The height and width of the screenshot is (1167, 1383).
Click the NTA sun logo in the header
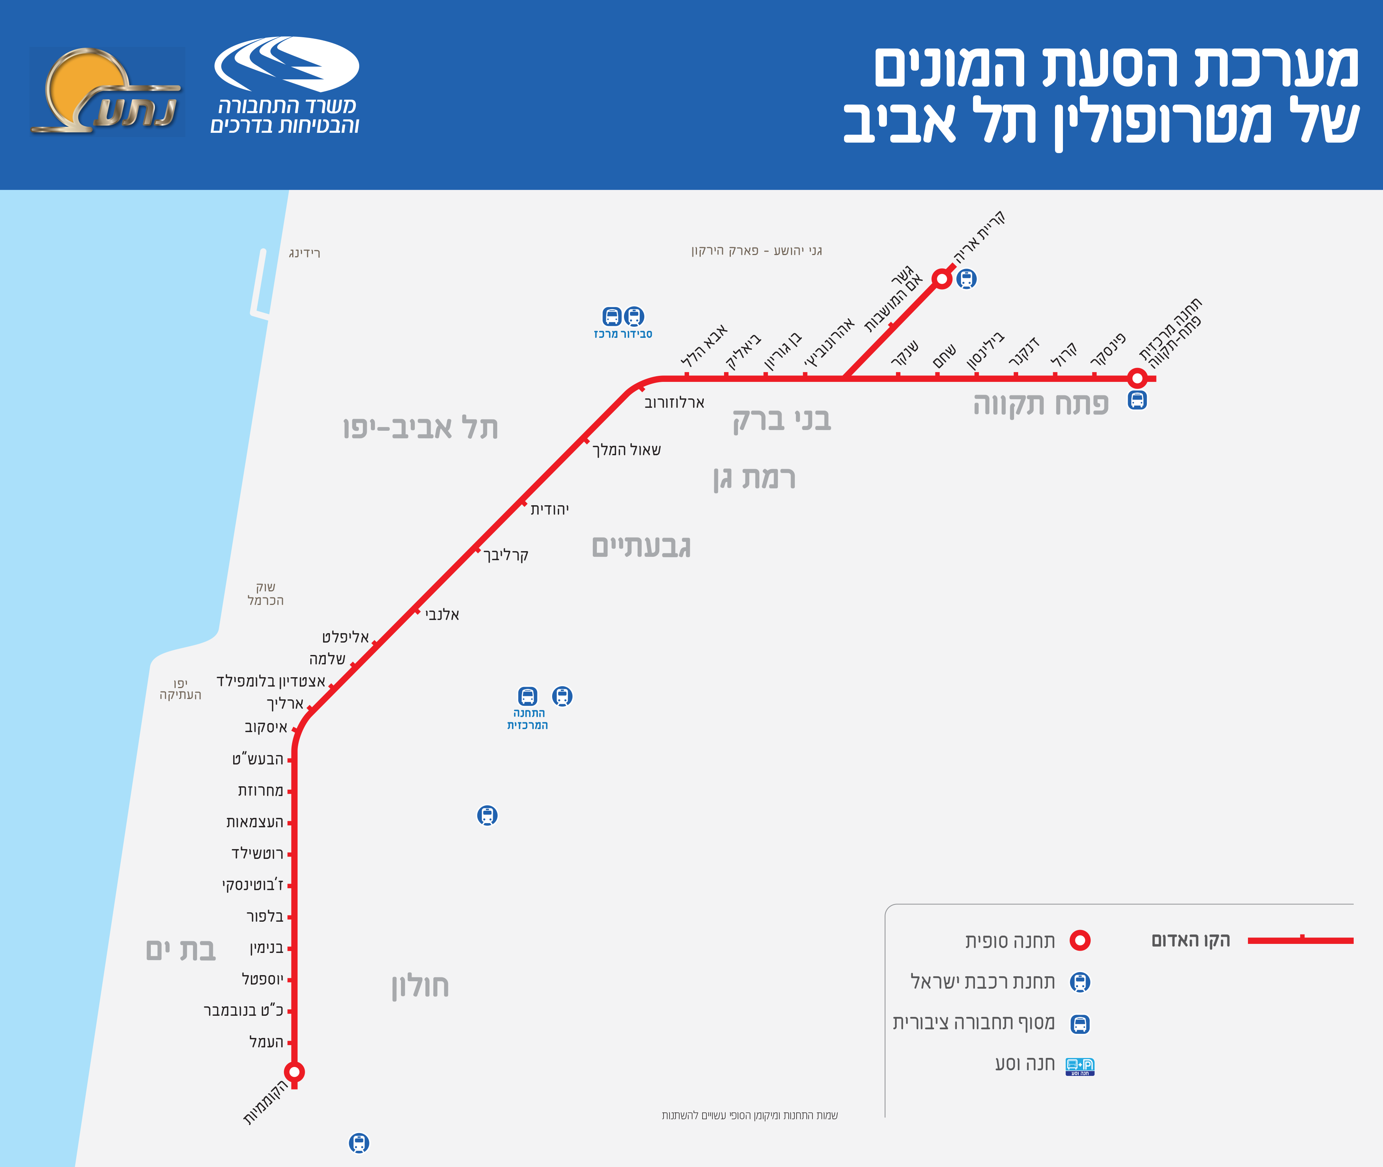pyautogui.click(x=106, y=91)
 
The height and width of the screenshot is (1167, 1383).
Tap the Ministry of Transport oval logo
pyautogui.click(x=286, y=64)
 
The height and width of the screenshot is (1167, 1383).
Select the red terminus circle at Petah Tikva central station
pyautogui.click(x=1137, y=378)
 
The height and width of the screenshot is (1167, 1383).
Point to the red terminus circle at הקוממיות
pyautogui.click(x=295, y=1071)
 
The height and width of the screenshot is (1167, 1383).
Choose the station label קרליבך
pyautogui.click(x=506, y=555)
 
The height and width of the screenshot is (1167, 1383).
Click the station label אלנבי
pyautogui.click(x=442, y=615)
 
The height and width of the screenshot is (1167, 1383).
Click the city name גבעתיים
pyautogui.click(x=641, y=547)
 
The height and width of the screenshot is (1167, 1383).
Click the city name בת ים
pyautogui.click(x=181, y=950)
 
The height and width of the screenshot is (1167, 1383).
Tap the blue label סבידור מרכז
pyautogui.click(x=622, y=334)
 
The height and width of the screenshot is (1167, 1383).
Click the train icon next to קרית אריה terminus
pyautogui.click(x=966, y=278)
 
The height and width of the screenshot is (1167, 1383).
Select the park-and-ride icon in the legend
pyautogui.click(x=1079, y=1067)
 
